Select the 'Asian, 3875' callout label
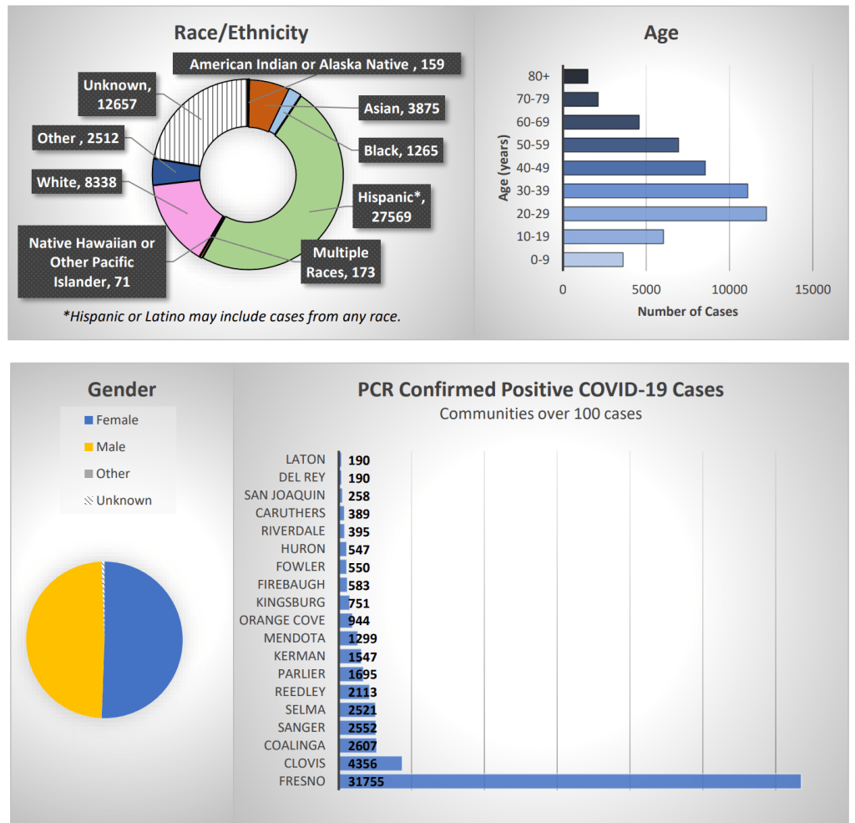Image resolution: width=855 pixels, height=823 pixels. (x=401, y=108)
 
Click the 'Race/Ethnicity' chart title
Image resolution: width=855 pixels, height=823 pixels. (x=240, y=33)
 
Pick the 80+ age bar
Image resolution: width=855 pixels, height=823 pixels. (x=575, y=76)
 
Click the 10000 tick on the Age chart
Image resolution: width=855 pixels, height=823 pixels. (x=729, y=289)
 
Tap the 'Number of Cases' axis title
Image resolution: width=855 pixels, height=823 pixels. (x=687, y=311)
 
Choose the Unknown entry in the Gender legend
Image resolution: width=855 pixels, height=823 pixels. (x=116, y=500)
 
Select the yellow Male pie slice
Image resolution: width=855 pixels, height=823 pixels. (x=63, y=639)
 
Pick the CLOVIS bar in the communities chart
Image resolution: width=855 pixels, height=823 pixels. (x=371, y=764)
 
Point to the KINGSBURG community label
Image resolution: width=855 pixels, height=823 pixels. (x=291, y=602)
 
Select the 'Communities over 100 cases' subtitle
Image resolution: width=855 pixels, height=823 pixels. (x=540, y=414)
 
